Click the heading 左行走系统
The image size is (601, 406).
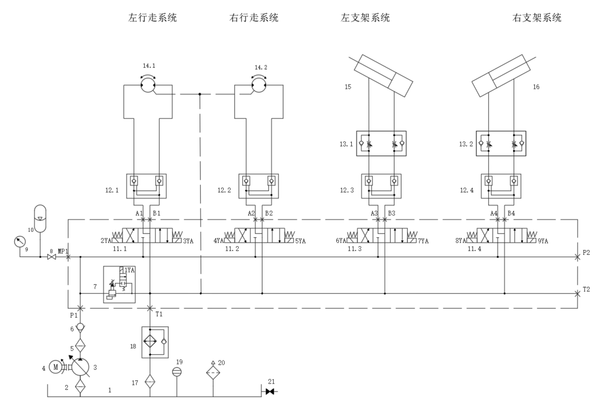tap(152, 18)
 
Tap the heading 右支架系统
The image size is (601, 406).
tap(536, 18)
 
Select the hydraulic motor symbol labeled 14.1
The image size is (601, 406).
tap(148, 84)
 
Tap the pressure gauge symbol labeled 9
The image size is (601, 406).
tap(18, 242)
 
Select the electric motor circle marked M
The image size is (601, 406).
tap(56, 367)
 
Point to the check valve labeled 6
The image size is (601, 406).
tap(80, 327)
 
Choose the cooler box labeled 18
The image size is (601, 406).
tap(155, 342)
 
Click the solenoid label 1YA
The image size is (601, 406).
tap(130, 270)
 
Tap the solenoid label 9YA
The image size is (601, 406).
tap(543, 241)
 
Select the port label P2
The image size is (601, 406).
tap(586, 253)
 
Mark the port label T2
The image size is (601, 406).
tap(586, 290)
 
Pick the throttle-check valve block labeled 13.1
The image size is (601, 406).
tap(382, 144)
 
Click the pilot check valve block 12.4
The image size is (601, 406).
tap(501, 186)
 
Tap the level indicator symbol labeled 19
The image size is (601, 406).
tap(177, 371)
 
